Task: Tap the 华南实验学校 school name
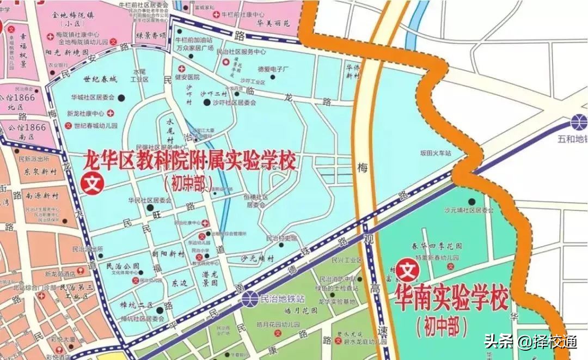coord(450,298)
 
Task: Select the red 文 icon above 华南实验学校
coord(406,269)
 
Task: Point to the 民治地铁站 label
coord(283,299)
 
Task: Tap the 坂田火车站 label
coord(436,154)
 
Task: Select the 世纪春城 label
coord(100,80)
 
